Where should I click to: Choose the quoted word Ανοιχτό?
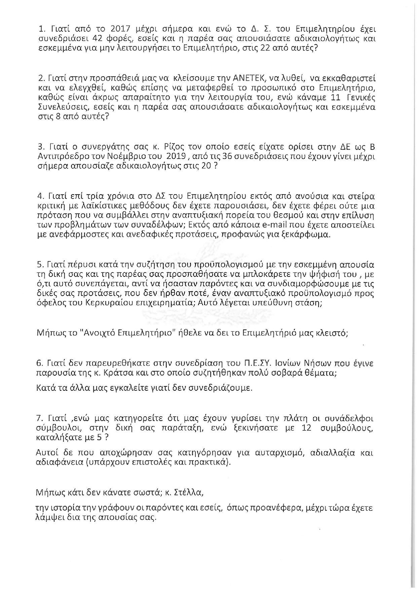click(80, 333)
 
